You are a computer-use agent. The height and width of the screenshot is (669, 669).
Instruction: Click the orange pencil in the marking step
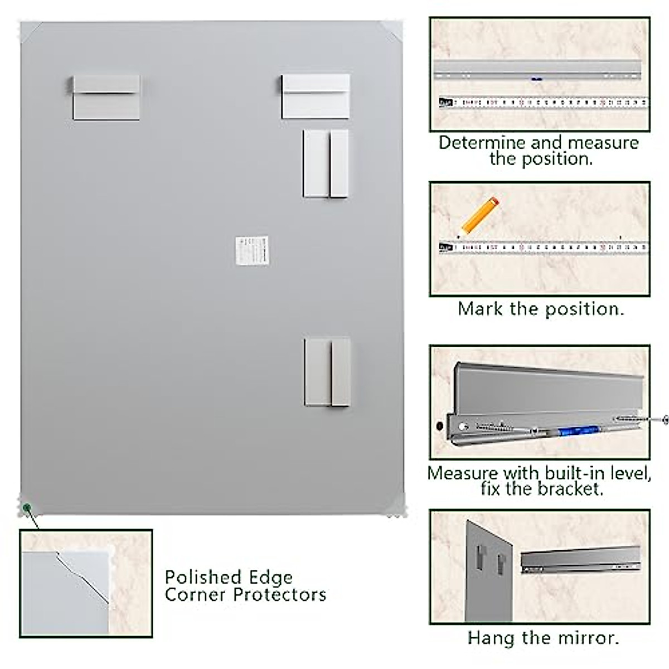(x=479, y=215)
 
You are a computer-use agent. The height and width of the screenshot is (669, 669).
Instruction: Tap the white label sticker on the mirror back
(x=252, y=251)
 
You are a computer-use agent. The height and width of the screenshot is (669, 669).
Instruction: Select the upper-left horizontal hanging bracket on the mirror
(x=106, y=97)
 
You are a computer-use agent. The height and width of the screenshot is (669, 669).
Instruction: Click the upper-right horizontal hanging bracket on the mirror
(x=316, y=96)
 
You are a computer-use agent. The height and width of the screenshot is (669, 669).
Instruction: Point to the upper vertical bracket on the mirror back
(x=326, y=163)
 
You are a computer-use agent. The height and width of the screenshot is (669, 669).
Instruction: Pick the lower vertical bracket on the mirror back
(x=327, y=372)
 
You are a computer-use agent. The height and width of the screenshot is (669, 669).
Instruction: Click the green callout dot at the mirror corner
(x=26, y=507)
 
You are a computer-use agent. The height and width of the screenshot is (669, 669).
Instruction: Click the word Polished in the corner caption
(x=202, y=577)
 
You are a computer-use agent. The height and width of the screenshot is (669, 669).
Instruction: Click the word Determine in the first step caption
(x=482, y=143)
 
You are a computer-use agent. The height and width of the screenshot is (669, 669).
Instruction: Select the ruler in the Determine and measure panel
(x=544, y=103)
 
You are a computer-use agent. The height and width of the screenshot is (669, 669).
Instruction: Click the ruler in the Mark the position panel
(x=544, y=246)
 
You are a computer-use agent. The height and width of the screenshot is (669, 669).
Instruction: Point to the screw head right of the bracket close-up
(x=665, y=419)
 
